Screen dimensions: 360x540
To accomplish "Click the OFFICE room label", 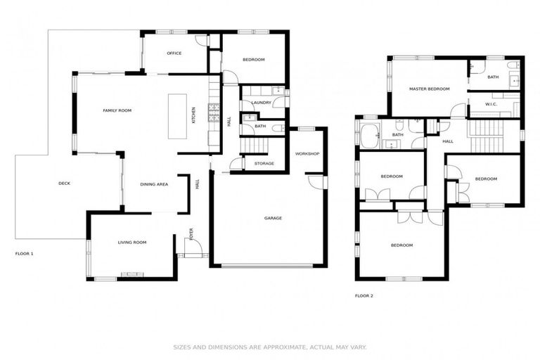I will [174, 53].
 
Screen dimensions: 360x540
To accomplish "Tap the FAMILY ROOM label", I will [117, 110].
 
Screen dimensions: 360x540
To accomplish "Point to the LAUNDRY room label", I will [261, 103].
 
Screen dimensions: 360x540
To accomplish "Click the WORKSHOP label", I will [307, 153].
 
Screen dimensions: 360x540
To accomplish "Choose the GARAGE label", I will [273, 218].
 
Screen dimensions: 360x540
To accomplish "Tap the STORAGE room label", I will [264, 163].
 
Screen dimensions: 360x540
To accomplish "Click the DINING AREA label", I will [154, 184].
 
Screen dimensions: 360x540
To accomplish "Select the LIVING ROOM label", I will [131, 242].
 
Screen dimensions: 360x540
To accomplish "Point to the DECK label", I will [64, 184].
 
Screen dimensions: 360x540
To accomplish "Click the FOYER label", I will [190, 232].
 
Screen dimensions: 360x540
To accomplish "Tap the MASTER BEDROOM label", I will [429, 89].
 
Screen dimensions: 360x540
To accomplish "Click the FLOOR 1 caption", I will [24, 253].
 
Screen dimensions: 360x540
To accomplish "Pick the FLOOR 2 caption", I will [364, 295].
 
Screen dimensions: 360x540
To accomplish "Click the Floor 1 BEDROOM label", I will [253, 60].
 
